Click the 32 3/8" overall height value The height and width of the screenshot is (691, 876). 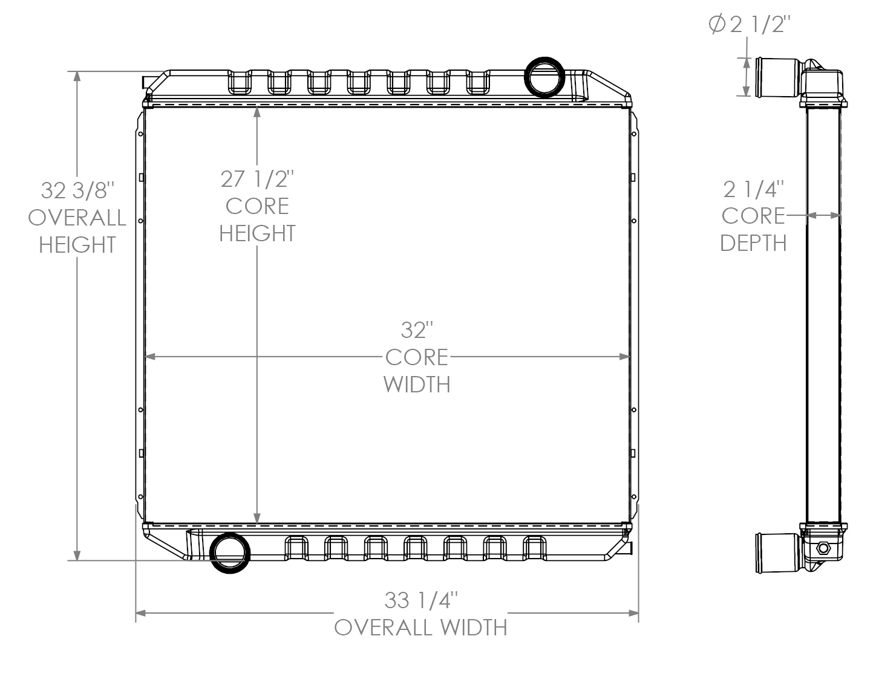click(x=77, y=190)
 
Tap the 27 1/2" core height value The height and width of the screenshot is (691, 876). click(x=257, y=180)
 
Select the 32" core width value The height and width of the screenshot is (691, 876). click(x=417, y=331)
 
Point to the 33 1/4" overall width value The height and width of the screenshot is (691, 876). click(x=420, y=600)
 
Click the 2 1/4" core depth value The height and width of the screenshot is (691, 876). click(x=754, y=189)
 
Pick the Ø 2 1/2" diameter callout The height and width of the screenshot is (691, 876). click(x=749, y=25)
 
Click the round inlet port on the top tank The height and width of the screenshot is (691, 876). click(x=545, y=77)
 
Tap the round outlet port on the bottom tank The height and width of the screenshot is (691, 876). click(x=229, y=553)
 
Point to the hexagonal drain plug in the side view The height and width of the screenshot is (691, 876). click(x=823, y=549)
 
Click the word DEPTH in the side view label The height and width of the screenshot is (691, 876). click(x=754, y=243)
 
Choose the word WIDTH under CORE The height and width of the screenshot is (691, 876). click(x=417, y=384)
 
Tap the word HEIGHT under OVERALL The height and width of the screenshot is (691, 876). click(x=77, y=245)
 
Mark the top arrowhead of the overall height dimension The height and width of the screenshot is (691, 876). click(x=77, y=76)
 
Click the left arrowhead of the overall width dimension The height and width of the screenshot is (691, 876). click(x=140, y=614)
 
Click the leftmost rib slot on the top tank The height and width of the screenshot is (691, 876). click(x=238, y=82)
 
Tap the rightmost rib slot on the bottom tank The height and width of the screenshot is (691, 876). click(x=534, y=548)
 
